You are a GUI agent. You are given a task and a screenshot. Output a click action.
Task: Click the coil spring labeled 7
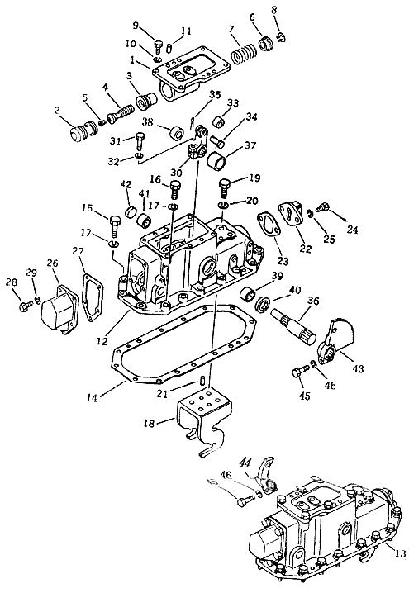tap(245, 54)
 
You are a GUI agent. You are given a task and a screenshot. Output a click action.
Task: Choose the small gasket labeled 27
tap(93, 296)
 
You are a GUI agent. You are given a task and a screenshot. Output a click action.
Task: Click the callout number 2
tap(57, 111)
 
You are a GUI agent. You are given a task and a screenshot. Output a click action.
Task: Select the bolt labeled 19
tap(224, 188)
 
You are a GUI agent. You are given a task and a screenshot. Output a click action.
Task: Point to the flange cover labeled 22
tap(292, 214)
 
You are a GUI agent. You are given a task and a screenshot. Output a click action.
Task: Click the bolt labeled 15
tap(115, 226)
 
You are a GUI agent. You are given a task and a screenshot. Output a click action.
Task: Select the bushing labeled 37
tap(216, 161)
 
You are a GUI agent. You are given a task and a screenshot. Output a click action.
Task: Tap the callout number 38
tap(148, 121)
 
